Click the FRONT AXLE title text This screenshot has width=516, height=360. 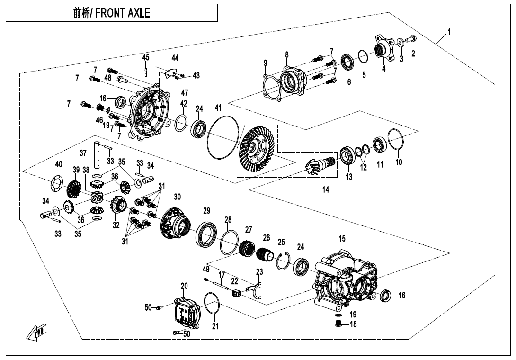pos(112,13)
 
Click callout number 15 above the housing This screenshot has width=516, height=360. pos(342,238)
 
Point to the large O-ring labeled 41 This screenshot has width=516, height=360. pos(223,137)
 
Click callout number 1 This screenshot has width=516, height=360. pos(449,32)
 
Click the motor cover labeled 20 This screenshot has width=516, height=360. pos(187,311)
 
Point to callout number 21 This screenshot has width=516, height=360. pos(215,326)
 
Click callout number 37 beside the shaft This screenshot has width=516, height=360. pos(83,153)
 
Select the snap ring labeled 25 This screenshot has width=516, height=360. pos(283,261)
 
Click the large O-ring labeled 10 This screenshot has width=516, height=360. pos(396,140)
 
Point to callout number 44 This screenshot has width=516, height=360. pos(175,58)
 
